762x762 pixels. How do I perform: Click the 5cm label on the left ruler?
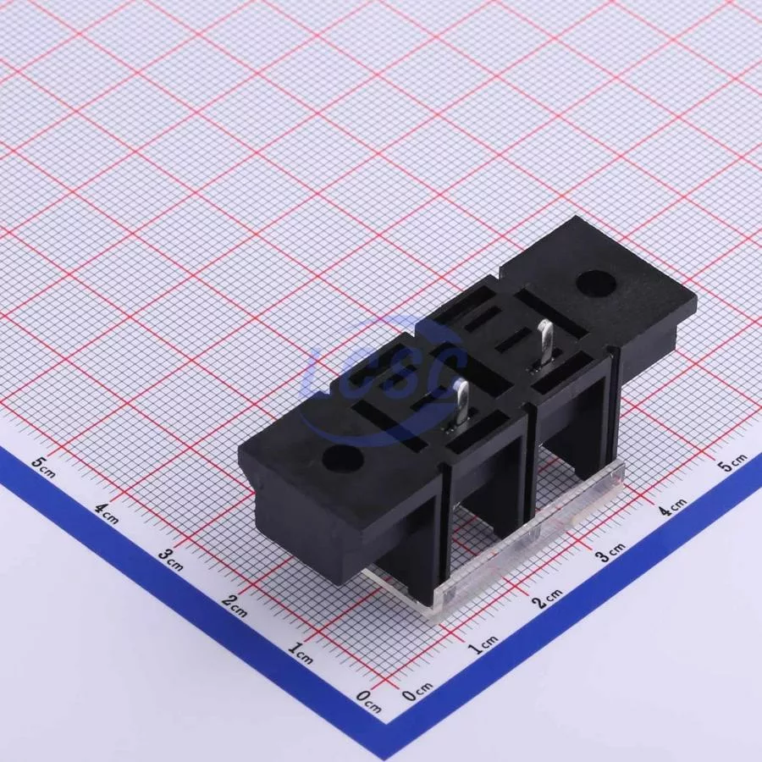tap(43, 467)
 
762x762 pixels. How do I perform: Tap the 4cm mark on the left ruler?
tap(107, 514)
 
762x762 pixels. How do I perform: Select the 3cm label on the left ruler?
tap(170, 560)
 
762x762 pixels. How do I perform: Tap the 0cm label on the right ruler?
tap(417, 691)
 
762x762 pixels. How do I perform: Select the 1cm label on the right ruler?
tap(483, 644)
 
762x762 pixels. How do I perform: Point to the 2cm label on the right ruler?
tap(547, 599)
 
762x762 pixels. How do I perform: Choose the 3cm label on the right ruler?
tap(610, 553)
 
